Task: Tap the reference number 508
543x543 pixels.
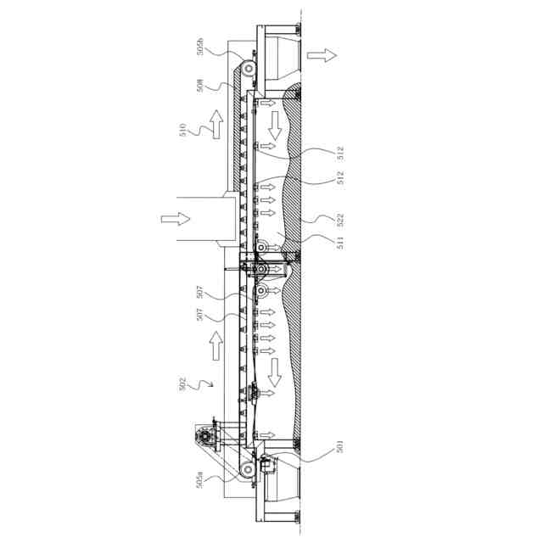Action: pyautogui.click(x=200, y=86)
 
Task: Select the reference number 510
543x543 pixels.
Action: pyautogui.click(x=183, y=130)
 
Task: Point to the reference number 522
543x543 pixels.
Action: pyautogui.click(x=341, y=220)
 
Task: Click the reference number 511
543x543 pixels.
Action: pyautogui.click(x=341, y=243)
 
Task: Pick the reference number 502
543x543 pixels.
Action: pyautogui.click(x=182, y=384)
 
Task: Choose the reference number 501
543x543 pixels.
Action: pyautogui.click(x=339, y=446)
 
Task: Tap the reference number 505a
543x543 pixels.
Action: pyautogui.click(x=200, y=480)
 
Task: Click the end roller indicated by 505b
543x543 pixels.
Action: pyautogui.click(x=249, y=69)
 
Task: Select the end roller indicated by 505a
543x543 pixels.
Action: pyautogui.click(x=248, y=470)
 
